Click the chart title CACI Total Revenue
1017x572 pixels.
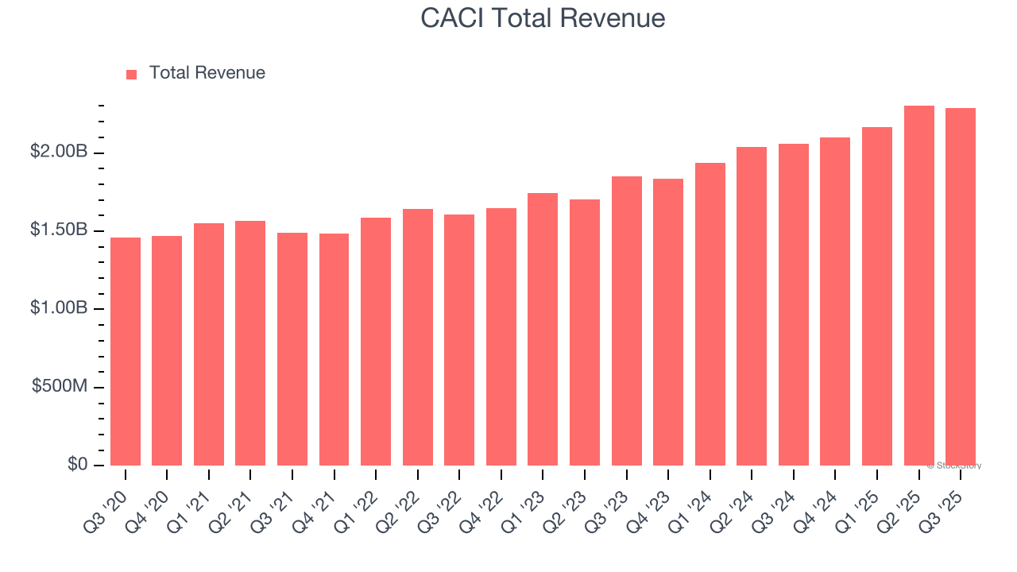(543, 18)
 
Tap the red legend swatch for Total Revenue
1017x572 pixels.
(132, 75)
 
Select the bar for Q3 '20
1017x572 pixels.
(126, 351)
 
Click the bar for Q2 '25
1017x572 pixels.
(918, 285)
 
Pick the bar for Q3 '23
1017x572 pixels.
(627, 321)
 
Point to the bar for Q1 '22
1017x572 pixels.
(376, 342)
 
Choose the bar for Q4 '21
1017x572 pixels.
(334, 350)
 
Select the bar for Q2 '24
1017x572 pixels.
(752, 306)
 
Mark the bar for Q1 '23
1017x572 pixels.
(543, 329)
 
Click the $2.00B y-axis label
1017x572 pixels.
(59, 152)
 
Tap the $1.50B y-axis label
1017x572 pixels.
(59, 230)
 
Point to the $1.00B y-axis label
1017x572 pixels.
(59, 307)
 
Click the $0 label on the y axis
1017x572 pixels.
(77, 464)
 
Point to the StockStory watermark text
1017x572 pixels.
(954, 466)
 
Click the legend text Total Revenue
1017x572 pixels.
(207, 73)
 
